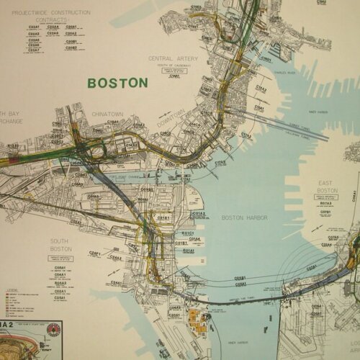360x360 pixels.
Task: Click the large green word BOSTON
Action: [x=117, y=83]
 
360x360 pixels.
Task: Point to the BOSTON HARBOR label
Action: [x=244, y=217]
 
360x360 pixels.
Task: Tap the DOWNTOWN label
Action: [x=171, y=117]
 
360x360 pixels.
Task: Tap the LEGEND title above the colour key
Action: [x=12, y=289]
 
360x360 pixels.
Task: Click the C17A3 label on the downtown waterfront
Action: [x=220, y=163]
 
